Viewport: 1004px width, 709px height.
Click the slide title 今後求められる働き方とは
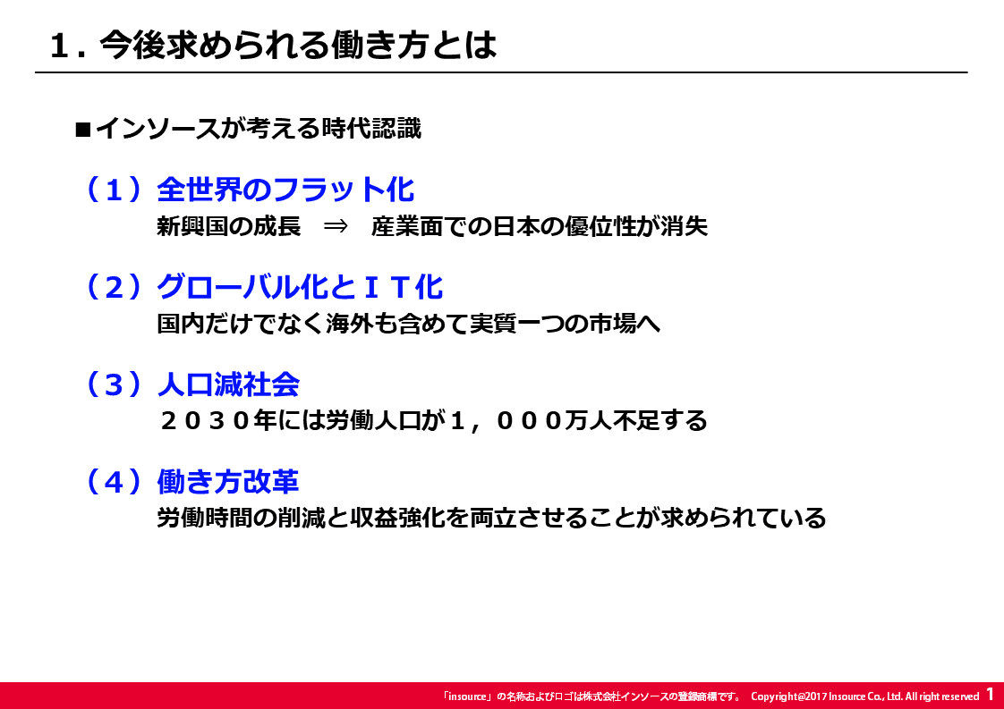[x=298, y=45]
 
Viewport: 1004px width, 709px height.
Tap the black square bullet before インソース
[x=83, y=130]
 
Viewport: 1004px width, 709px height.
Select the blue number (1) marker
[x=114, y=190]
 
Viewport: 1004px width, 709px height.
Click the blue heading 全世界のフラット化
[x=285, y=190]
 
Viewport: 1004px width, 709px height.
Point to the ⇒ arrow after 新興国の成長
[x=336, y=226]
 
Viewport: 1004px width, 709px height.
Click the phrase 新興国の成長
[x=228, y=226]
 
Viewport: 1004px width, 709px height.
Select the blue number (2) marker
[x=114, y=287]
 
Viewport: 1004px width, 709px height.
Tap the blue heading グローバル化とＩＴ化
[x=300, y=287]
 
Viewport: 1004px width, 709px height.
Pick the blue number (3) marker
[x=114, y=384]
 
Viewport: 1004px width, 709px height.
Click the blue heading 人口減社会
[x=228, y=384]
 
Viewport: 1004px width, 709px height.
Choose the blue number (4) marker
[x=114, y=481]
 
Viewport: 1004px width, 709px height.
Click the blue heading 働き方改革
[x=228, y=481]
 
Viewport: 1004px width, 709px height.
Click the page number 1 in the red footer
[x=990, y=694]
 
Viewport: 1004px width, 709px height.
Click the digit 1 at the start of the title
[x=59, y=46]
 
